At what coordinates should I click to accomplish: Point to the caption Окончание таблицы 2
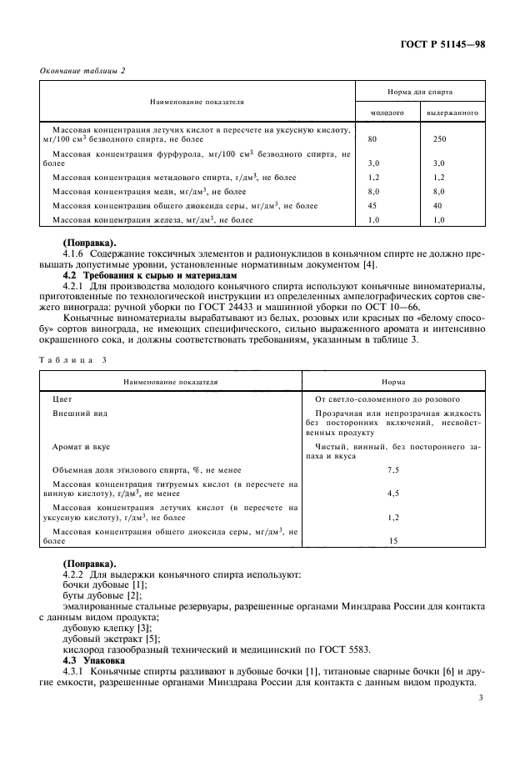pyautogui.click(x=82, y=70)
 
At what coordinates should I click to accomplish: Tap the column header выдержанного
pyautogui.click(x=452, y=111)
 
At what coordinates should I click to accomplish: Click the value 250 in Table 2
pyautogui.click(x=440, y=139)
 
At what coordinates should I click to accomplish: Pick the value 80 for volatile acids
pyautogui.click(x=372, y=139)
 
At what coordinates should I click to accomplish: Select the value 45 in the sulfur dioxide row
pyautogui.click(x=372, y=205)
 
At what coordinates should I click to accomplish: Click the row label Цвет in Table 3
pyautogui.click(x=62, y=399)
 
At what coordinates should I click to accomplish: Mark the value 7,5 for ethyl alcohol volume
pyautogui.click(x=392, y=470)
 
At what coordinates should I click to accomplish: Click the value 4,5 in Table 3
pyautogui.click(x=392, y=493)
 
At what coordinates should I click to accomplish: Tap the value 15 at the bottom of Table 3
pyautogui.click(x=392, y=541)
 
